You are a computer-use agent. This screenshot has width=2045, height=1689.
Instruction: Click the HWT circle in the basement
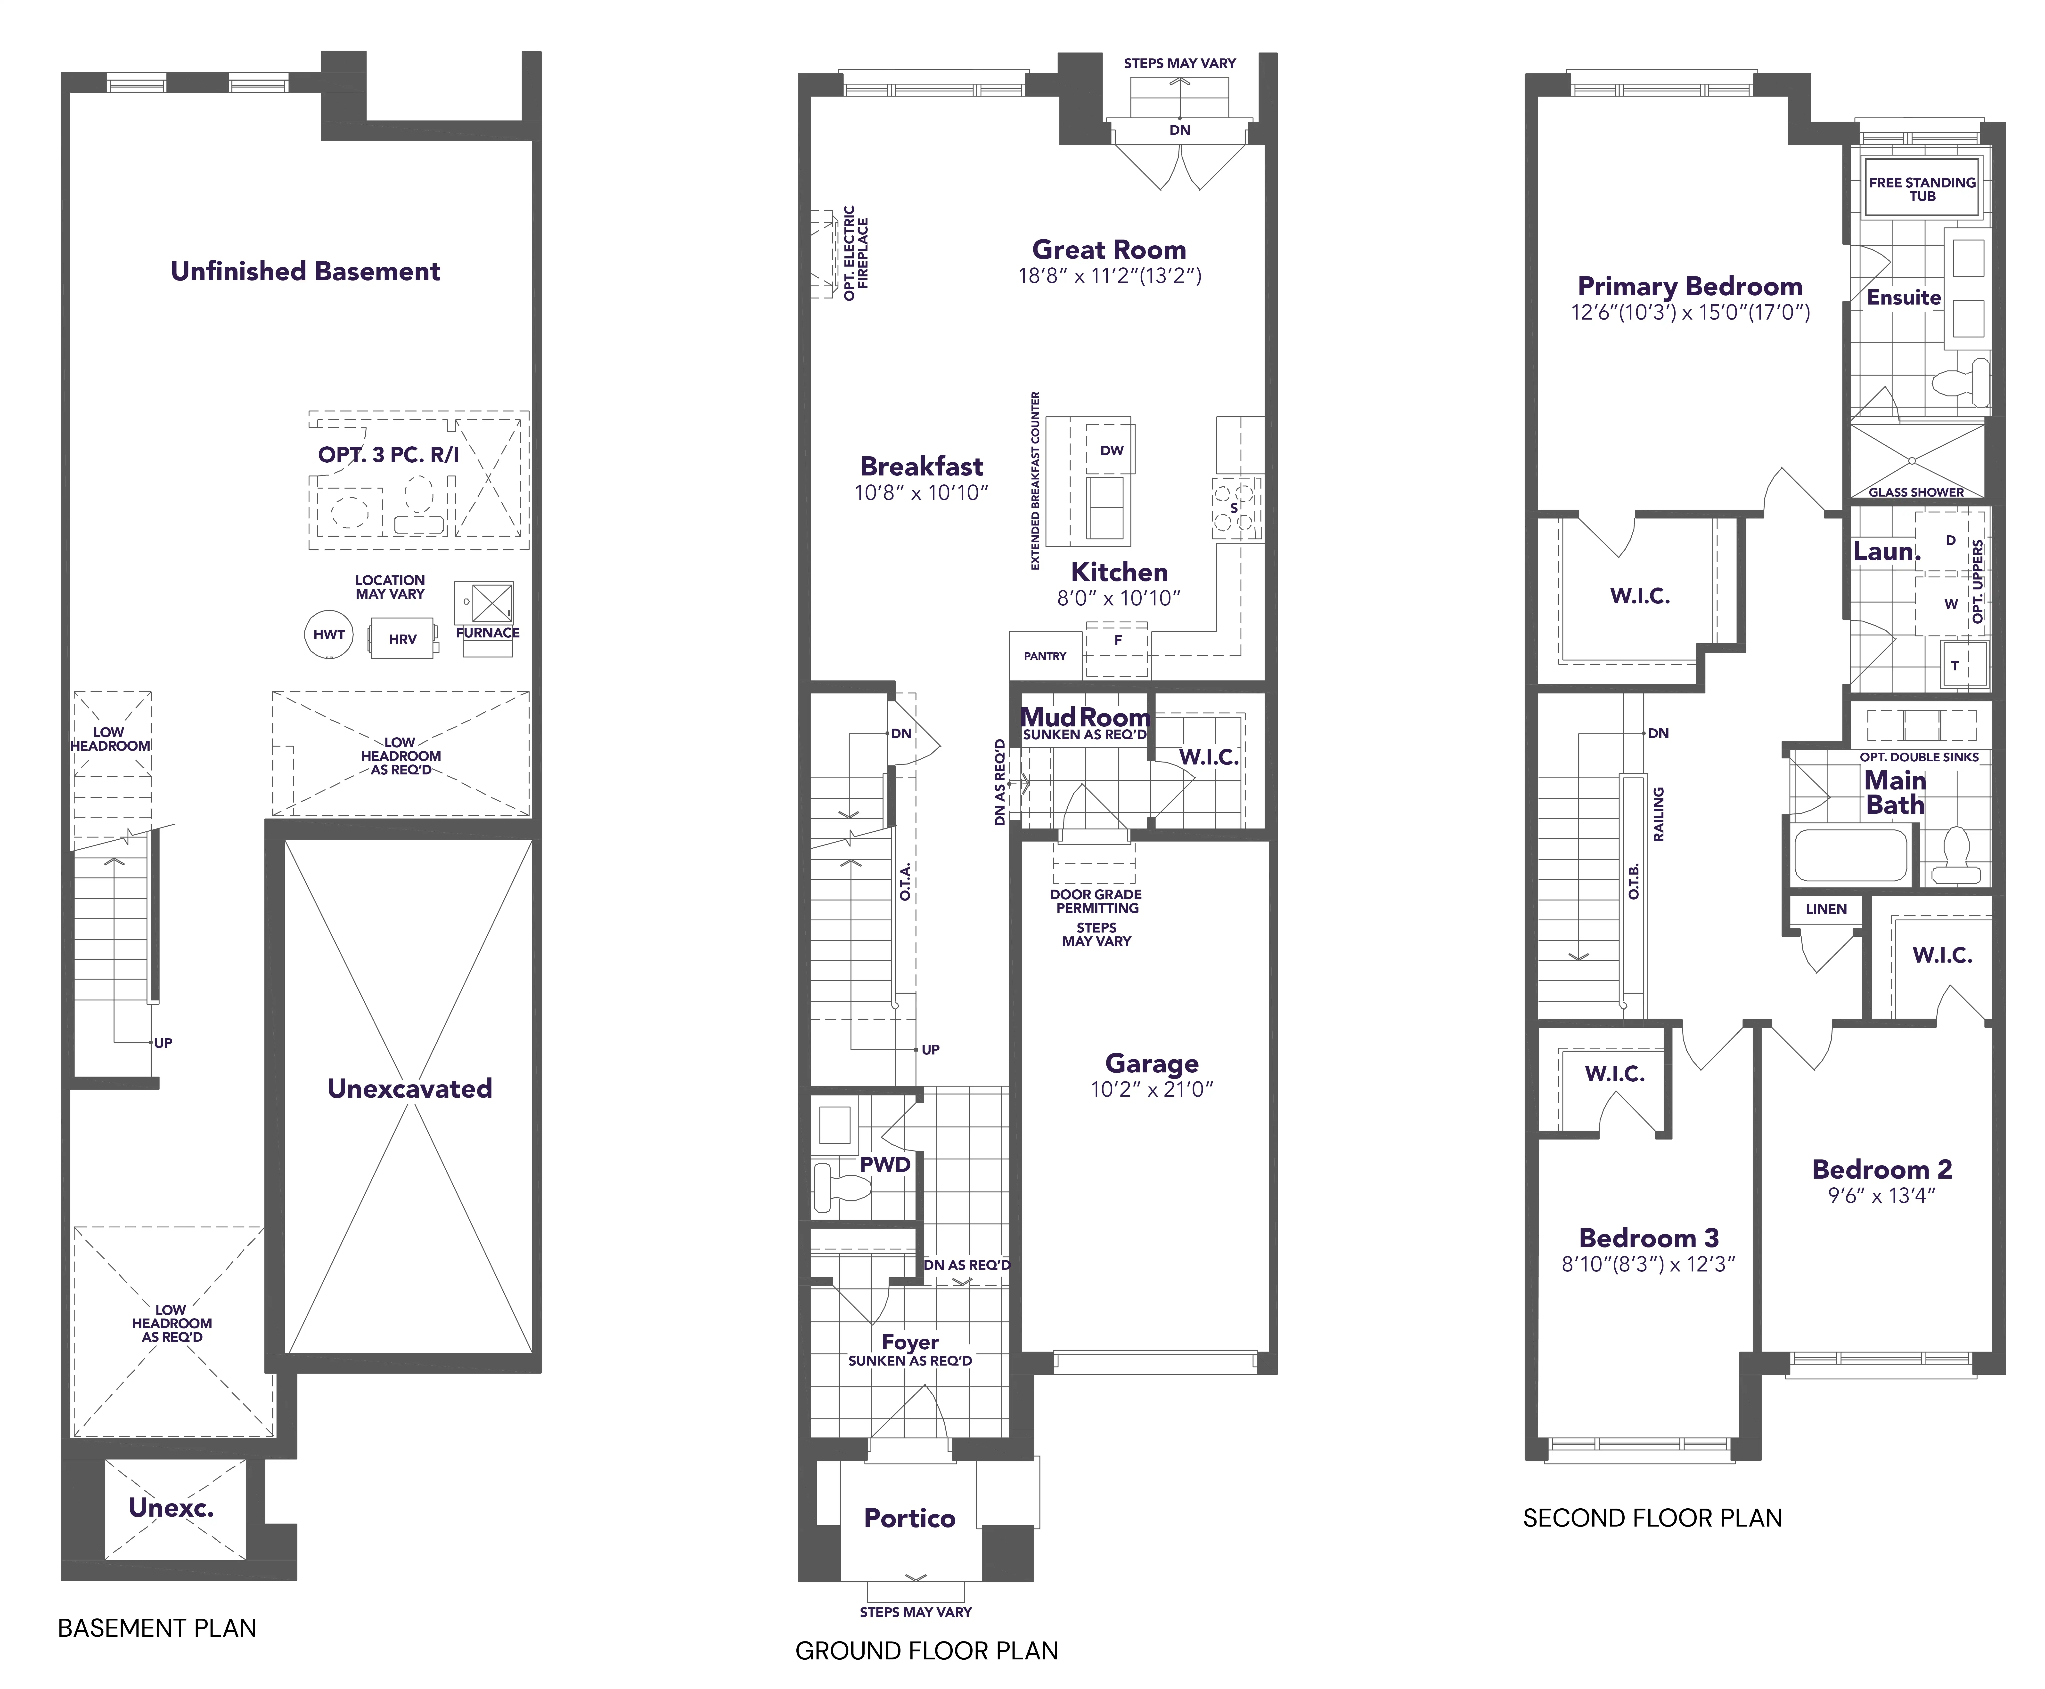329,634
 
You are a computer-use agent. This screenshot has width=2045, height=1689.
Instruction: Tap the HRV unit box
402,639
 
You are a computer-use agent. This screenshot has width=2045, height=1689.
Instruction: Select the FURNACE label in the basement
488,632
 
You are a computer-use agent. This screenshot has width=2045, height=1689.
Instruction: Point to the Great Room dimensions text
1110,276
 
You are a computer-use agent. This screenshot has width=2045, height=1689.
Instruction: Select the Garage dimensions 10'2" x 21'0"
1152,1090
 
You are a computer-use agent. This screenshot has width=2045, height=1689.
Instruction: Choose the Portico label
909,1518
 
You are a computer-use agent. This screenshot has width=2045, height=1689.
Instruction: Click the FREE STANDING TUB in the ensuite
1922,189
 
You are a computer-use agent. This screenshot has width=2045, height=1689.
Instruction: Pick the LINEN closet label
1826,909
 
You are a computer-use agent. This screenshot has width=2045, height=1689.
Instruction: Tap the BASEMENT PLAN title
157,1628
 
